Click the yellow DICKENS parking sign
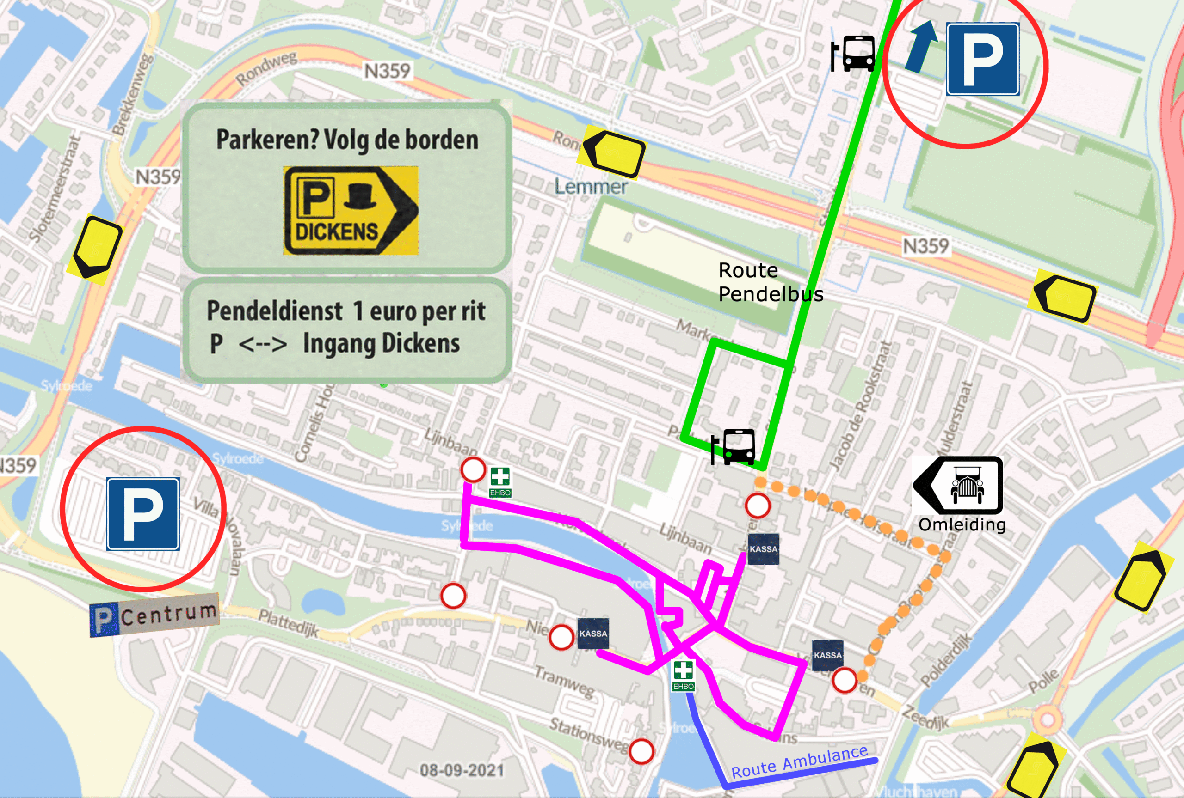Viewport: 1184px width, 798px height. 351,210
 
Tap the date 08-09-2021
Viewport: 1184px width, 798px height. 462,770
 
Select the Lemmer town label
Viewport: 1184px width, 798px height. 591,187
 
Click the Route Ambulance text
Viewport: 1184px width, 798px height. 799,762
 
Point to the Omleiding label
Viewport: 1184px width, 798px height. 962,525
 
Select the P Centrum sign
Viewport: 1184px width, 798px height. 154,616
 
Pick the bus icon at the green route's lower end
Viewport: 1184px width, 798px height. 735,446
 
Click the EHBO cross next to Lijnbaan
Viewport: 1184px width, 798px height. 499,481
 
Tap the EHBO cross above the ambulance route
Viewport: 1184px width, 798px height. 683,674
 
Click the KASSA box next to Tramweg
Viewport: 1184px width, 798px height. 593,634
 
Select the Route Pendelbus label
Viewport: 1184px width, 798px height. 770,282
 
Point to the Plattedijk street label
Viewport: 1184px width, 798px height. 288,622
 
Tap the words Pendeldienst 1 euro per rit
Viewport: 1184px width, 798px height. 346,311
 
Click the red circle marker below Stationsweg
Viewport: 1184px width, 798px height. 641,751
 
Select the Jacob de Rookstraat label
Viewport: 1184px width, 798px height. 861,405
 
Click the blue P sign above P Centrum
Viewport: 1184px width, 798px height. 142,514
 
